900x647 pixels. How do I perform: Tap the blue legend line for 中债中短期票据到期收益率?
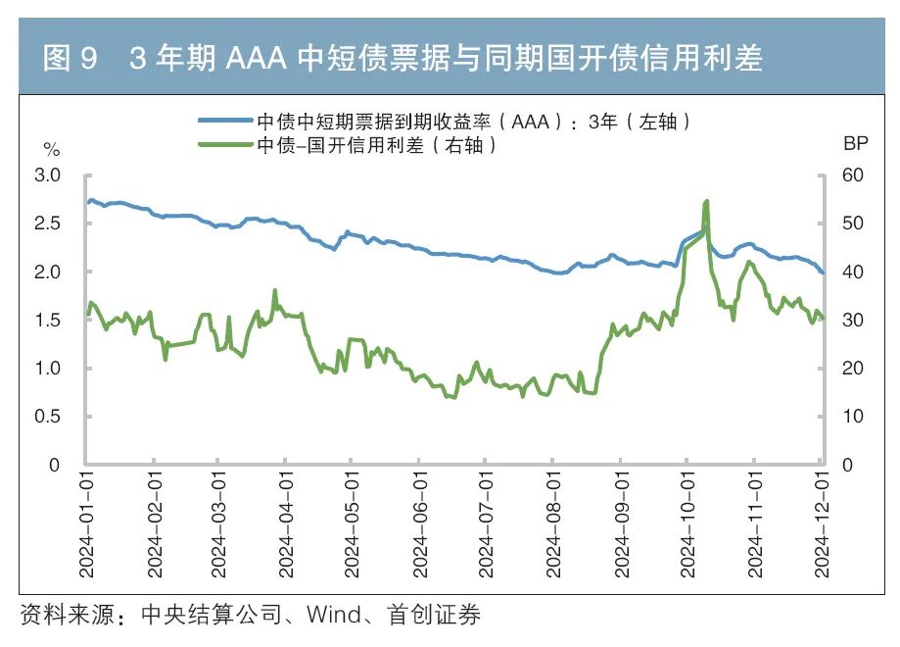click(x=225, y=121)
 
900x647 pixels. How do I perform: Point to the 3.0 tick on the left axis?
click(x=48, y=175)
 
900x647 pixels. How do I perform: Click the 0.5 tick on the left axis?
click(x=48, y=417)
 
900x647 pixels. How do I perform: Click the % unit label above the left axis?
click(x=51, y=150)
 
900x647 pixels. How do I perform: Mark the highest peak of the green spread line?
click(x=706, y=201)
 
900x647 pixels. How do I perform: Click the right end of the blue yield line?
click(x=823, y=273)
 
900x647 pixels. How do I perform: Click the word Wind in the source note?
click(x=333, y=617)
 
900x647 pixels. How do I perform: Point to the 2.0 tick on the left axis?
click(x=48, y=272)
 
